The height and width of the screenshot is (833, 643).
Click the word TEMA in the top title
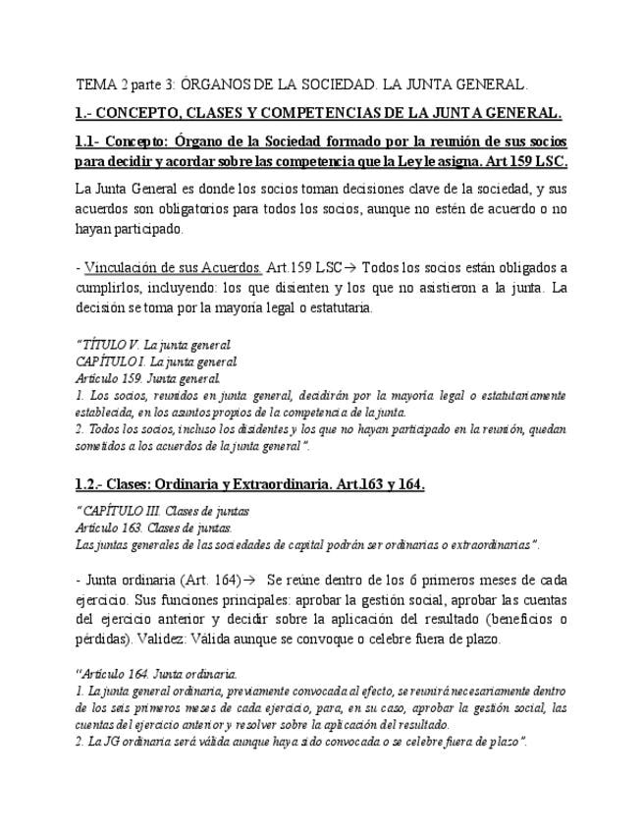[x=95, y=84]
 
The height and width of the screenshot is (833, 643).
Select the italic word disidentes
[x=235, y=430]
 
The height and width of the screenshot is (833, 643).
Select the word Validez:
[x=174, y=638]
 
